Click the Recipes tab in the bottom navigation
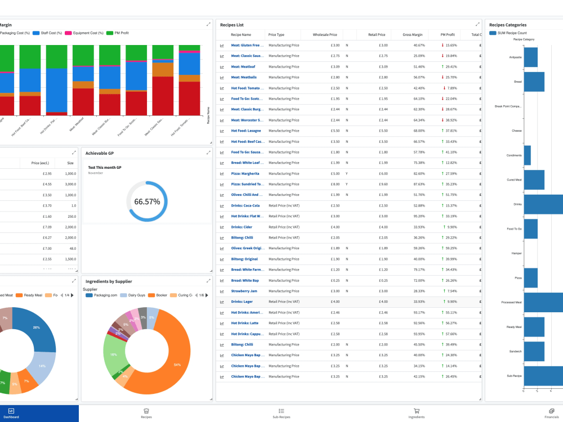146,414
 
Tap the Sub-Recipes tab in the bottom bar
281,414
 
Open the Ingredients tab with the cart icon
416,414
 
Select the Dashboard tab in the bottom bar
11,414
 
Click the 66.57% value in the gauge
147,201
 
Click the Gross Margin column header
413,34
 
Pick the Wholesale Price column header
325,34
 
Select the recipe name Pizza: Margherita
245,173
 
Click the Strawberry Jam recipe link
244,291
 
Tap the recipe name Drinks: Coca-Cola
246,205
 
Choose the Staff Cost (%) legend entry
51,33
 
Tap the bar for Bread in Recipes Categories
534,82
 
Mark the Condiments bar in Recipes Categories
527,155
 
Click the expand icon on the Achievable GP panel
209,152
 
